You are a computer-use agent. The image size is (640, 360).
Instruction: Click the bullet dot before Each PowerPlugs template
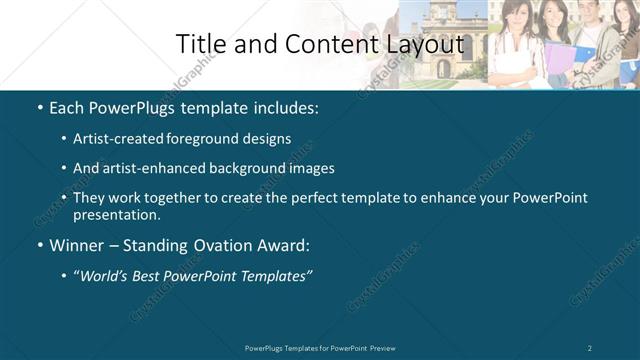39,106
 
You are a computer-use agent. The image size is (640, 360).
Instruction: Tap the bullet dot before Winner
39,245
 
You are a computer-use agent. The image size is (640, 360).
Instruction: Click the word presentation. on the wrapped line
116,214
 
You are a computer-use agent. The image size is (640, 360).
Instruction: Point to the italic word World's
109,275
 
